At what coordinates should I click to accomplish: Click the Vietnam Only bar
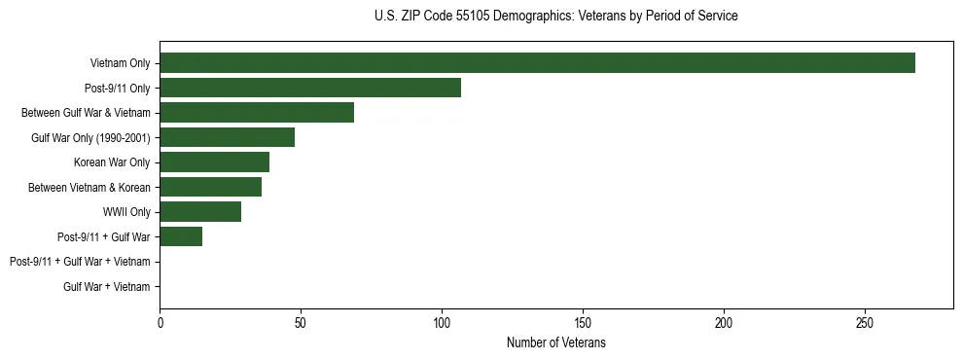(x=537, y=63)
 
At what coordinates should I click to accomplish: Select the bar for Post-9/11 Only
(x=310, y=88)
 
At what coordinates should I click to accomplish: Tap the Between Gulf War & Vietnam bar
(x=257, y=113)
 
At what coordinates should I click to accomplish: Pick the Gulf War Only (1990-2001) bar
(x=227, y=137)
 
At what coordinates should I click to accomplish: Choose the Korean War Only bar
(x=214, y=162)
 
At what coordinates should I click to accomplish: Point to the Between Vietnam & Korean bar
(x=210, y=187)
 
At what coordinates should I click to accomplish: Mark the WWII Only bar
(x=200, y=212)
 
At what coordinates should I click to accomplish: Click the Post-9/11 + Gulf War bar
(x=181, y=236)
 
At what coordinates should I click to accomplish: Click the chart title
(x=555, y=17)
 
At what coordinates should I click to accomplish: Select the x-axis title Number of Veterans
(x=555, y=343)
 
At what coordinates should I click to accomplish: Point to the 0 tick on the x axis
(x=160, y=322)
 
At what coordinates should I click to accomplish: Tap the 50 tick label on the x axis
(x=301, y=322)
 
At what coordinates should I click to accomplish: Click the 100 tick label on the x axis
(x=442, y=322)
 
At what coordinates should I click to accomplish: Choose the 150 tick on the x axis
(x=583, y=322)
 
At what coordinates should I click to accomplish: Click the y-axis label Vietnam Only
(x=120, y=63)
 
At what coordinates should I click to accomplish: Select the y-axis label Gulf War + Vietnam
(x=107, y=286)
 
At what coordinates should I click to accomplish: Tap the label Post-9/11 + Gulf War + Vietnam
(x=80, y=262)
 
